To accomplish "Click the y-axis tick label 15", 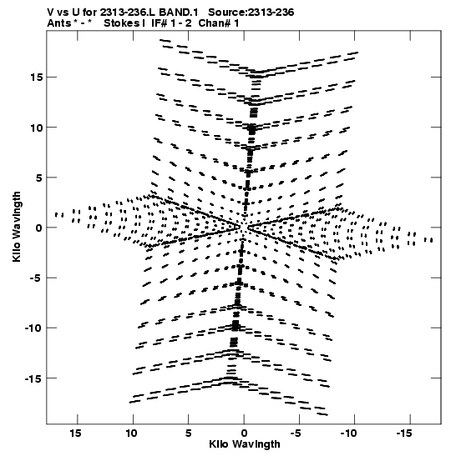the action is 36,78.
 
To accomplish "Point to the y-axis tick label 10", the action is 36,128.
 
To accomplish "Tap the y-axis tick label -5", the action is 34,278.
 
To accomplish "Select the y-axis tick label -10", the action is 33,328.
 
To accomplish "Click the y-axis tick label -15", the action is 33,378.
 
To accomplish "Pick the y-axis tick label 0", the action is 39,228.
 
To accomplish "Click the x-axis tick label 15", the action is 75,433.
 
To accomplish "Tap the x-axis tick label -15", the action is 404,433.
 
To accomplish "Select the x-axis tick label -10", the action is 348,433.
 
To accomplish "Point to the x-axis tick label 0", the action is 244,433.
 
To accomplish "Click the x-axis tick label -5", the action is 296,433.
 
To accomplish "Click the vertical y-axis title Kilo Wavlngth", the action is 17,227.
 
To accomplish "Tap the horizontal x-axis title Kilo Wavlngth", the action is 245,444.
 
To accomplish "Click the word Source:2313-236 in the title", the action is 251,13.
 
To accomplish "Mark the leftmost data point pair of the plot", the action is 59,215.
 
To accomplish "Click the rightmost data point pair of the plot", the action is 428,240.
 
